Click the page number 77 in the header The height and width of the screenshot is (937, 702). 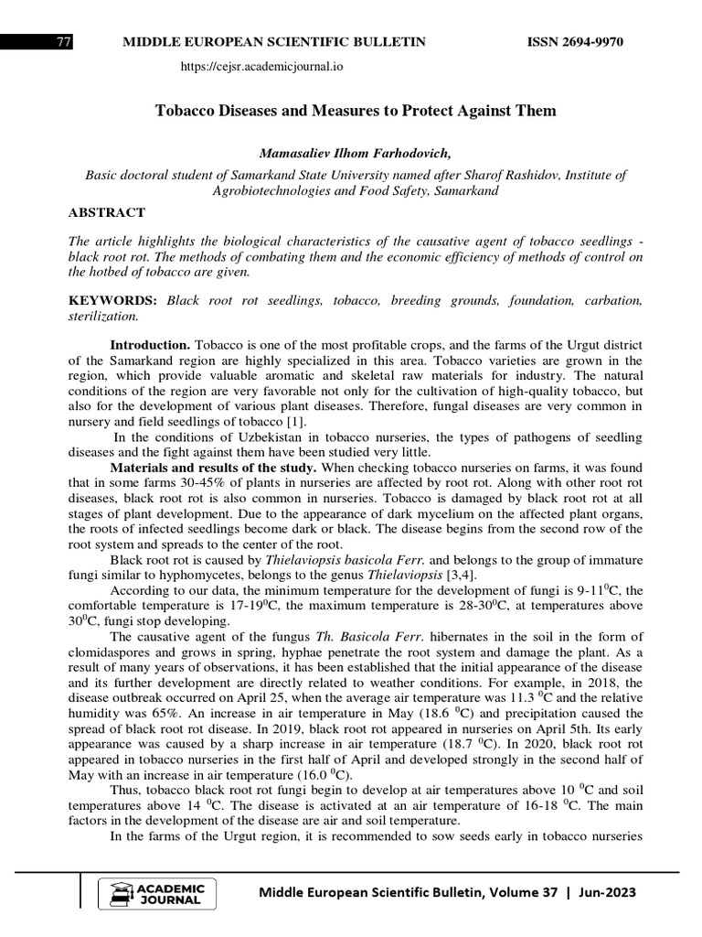click(x=64, y=43)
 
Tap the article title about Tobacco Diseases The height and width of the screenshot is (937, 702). click(x=356, y=111)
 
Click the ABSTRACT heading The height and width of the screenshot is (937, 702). click(x=107, y=212)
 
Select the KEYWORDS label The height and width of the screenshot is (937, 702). click(x=112, y=300)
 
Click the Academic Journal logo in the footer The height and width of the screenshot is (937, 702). click(x=157, y=893)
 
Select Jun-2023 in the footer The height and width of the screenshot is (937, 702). click(x=606, y=892)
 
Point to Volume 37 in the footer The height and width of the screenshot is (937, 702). click(x=518, y=892)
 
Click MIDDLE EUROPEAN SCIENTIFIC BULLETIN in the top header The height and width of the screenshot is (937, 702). click(x=274, y=43)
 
